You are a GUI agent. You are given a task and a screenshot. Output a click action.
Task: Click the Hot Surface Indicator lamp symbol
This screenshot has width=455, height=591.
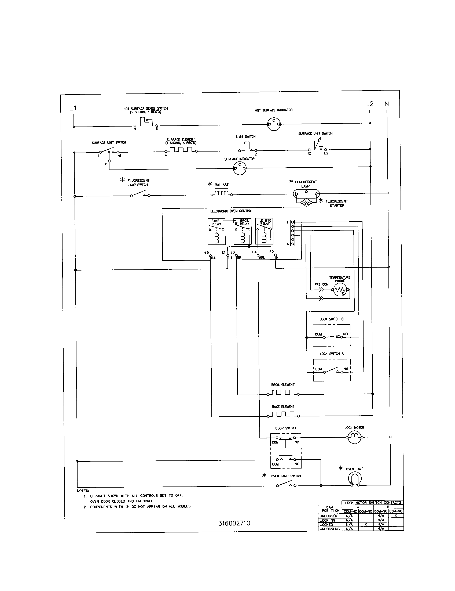(x=274, y=124)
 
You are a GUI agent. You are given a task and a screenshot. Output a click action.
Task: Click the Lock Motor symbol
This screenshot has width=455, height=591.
(x=354, y=437)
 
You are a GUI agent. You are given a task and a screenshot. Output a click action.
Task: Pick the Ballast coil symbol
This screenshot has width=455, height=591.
(x=222, y=193)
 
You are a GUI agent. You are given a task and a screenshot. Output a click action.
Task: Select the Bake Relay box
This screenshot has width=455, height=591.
(x=217, y=232)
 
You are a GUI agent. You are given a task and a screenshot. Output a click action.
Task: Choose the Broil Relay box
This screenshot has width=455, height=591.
(x=242, y=232)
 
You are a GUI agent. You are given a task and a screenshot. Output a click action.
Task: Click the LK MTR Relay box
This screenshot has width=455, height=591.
(x=264, y=232)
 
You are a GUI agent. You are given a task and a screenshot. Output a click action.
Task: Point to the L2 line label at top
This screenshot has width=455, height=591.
(x=369, y=104)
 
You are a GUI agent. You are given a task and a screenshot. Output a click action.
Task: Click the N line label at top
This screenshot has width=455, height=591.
(x=387, y=104)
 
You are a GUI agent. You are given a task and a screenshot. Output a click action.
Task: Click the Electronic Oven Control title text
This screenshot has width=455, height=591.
(x=231, y=211)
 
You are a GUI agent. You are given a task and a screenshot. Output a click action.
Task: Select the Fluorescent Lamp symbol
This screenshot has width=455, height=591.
(x=306, y=193)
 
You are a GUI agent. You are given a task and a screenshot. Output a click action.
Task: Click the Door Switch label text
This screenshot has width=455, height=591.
(x=285, y=428)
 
